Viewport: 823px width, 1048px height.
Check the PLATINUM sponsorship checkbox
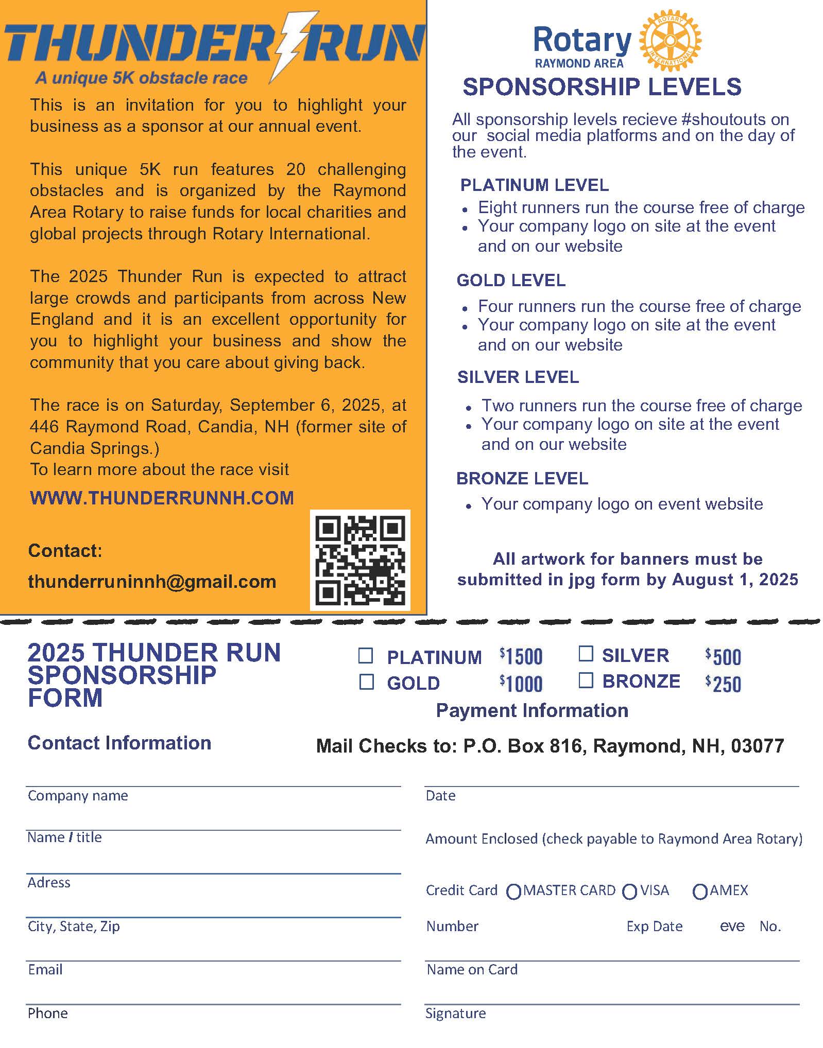tap(366, 656)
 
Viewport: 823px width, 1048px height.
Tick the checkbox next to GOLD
tap(366, 682)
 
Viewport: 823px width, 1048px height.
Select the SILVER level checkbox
tap(586, 654)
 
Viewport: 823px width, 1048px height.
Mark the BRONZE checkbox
tap(586, 680)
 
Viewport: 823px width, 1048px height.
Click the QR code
tap(360, 560)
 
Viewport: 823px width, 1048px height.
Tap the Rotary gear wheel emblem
tap(670, 40)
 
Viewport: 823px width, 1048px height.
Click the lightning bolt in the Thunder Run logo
tap(292, 46)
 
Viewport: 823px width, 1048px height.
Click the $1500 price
tap(521, 657)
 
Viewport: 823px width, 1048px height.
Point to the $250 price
tap(723, 684)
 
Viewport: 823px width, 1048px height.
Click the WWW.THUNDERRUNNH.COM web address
tap(162, 498)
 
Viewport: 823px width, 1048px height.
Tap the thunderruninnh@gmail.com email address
tap(152, 582)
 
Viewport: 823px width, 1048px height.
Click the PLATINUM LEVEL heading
tap(534, 185)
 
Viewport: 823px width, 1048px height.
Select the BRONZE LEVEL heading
tap(522, 478)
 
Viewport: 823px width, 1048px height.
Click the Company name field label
tap(78, 796)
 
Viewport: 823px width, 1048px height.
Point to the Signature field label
tap(455, 1014)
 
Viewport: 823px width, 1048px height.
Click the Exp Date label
tap(654, 927)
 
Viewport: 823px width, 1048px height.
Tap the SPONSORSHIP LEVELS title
tap(602, 86)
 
